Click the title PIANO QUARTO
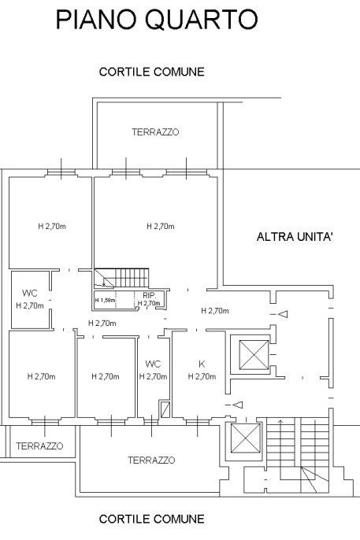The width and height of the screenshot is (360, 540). tap(157, 20)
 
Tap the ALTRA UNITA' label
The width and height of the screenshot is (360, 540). tap(295, 237)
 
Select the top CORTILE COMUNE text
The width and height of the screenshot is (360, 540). tap(151, 72)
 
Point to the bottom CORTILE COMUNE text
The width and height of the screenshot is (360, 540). tap(151, 519)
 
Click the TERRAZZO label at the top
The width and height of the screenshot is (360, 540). tap(155, 132)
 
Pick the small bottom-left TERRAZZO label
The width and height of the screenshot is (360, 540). tap(39, 446)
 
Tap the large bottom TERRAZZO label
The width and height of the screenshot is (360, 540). tap(151, 460)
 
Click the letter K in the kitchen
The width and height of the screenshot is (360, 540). tap(202, 364)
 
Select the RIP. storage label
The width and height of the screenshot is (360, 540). tap(150, 295)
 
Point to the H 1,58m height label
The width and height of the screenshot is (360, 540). tap(105, 300)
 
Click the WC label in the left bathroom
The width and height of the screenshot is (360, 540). tap(30, 294)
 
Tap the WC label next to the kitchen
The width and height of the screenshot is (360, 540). tap(153, 364)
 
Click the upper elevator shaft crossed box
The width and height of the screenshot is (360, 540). tap(254, 355)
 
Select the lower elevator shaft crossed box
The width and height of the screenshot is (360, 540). tap(245, 438)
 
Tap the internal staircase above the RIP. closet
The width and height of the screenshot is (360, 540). tap(121, 278)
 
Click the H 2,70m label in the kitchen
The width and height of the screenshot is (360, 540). tap(202, 376)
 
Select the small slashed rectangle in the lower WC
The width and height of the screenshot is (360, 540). tap(165, 409)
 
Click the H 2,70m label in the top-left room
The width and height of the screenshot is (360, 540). tap(52, 226)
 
